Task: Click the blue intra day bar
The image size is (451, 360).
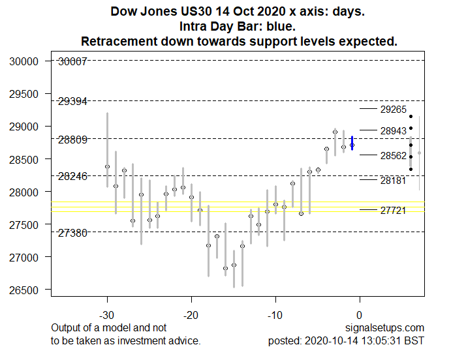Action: point(352,143)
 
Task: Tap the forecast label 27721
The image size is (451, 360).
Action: point(394,211)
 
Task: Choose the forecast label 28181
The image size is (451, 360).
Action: point(394,181)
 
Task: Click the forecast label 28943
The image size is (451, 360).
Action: point(394,132)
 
